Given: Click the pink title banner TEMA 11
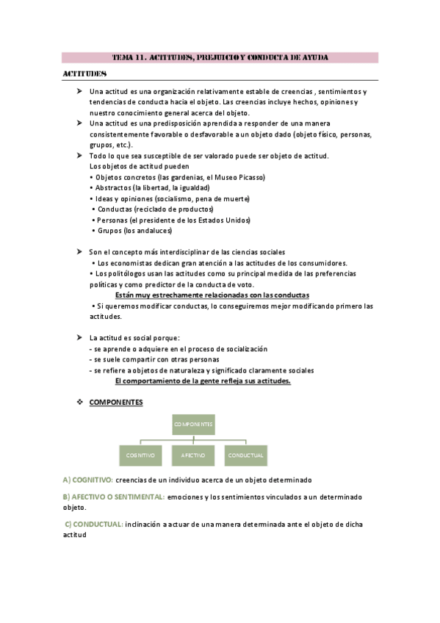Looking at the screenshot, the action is point(220,57).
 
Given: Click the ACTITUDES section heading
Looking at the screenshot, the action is point(84,74).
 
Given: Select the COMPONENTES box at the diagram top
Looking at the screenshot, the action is point(193,424).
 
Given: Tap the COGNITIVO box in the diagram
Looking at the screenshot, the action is point(140,455).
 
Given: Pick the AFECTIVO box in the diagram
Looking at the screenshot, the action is point(193,455).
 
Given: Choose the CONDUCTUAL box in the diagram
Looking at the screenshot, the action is point(245,455).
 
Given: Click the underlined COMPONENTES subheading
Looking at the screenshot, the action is point(116,403).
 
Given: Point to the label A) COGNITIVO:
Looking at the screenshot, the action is point(87,480).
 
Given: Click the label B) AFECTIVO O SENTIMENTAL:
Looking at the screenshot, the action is point(113,497).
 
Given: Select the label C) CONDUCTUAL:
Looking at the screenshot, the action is point(94,524).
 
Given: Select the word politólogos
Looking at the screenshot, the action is point(127,273).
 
